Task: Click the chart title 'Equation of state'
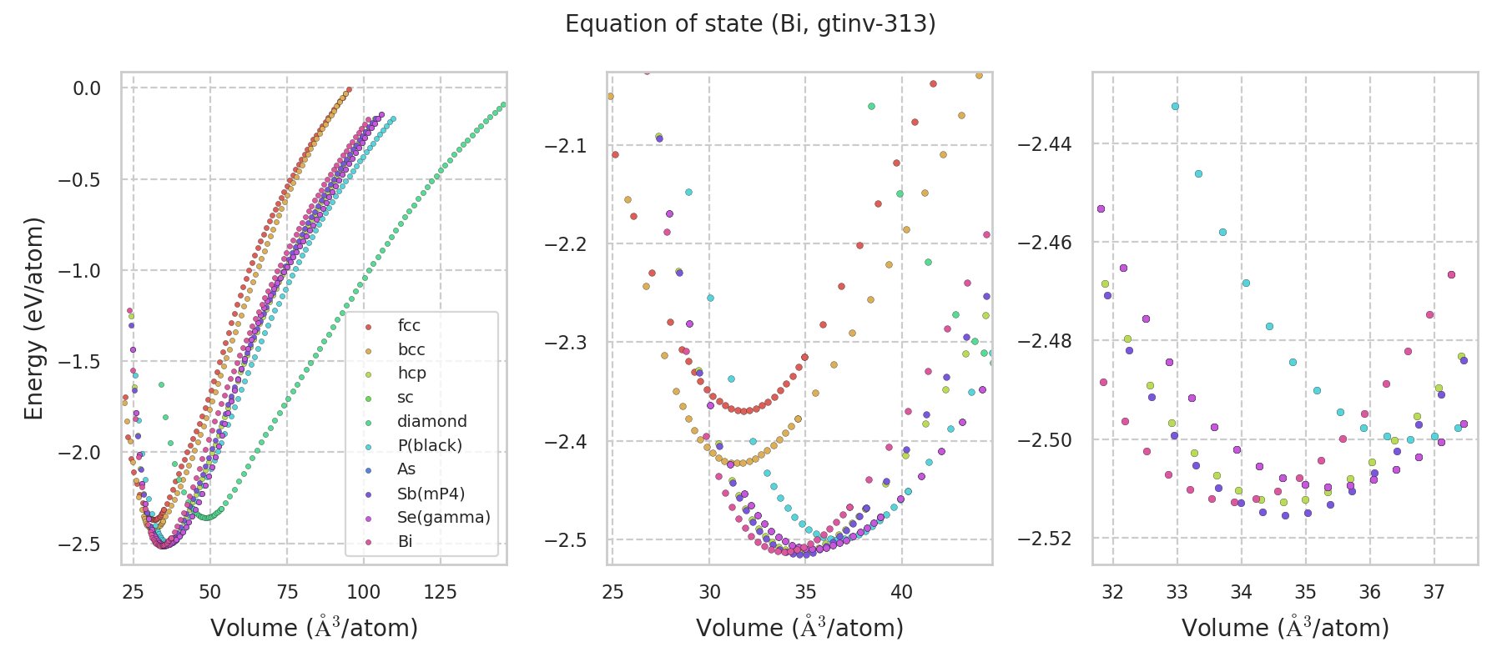click(x=750, y=24)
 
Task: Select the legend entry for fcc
click(x=409, y=326)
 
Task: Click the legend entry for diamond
click(x=431, y=422)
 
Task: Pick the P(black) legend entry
click(x=429, y=446)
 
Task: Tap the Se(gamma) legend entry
click(x=443, y=518)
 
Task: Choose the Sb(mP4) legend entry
click(x=431, y=494)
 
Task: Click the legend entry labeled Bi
click(x=405, y=542)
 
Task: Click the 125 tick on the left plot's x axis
click(x=441, y=592)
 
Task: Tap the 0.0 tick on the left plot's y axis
click(x=87, y=88)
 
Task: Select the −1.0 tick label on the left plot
click(x=81, y=271)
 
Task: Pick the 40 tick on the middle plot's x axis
click(x=901, y=592)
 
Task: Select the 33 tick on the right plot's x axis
click(x=1177, y=592)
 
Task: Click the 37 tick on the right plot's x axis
click(x=1434, y=592)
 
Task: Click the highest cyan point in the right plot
click(x=1175, y=107)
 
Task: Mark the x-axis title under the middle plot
click(x=799, y=628)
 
